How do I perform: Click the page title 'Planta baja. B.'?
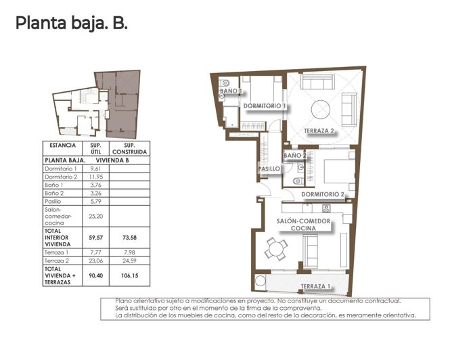(x=71, y=24)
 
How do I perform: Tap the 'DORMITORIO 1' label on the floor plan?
(x=265, y=106)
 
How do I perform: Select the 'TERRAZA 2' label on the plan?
(x=319, y=131)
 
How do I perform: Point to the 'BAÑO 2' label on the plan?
(x=295, y=156)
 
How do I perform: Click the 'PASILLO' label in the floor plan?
(x=269, y=169)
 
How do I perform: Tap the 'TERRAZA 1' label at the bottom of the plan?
(x=315, y=286)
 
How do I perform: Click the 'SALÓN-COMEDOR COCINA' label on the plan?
(x=303, y=225)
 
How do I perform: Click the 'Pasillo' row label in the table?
(x=53, y=201)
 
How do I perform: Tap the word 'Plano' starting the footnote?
(x=122, y=300)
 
